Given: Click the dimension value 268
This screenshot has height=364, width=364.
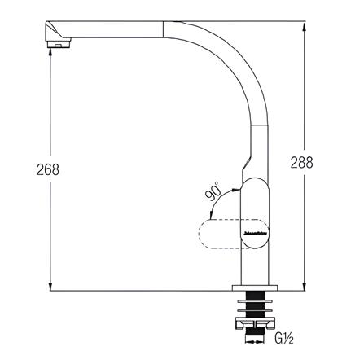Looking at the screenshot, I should [49, 170].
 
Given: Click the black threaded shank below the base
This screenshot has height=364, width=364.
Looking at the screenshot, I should [254, 309].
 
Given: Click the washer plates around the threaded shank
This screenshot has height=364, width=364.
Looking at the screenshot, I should [254, 303].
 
